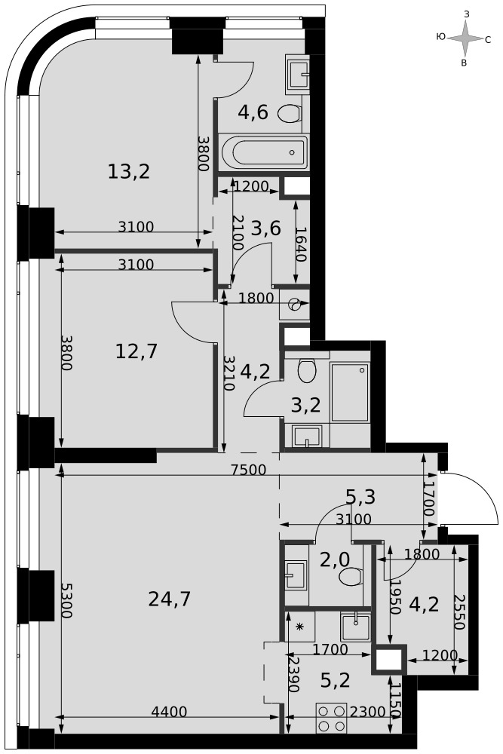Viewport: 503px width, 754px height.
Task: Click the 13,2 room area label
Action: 129,171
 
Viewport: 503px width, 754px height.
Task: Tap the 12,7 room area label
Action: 136,351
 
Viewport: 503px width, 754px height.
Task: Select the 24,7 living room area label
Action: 170,599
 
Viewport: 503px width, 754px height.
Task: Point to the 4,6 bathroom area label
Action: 253,112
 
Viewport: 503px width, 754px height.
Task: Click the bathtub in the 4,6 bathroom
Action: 263,152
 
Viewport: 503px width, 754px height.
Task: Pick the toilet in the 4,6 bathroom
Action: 290,114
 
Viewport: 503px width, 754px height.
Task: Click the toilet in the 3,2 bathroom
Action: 306,370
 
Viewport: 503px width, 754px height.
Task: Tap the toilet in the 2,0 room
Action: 350,577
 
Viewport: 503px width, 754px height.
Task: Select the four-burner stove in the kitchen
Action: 332,718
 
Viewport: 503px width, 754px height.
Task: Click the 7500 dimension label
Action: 249,470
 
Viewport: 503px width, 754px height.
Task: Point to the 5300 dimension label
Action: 67,600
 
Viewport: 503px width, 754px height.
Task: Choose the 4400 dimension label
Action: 169,712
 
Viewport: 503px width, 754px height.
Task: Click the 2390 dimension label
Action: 293,674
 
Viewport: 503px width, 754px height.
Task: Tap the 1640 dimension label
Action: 301,244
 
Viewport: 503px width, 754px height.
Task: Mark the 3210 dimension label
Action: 229,373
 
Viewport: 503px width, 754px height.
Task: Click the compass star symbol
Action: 465,39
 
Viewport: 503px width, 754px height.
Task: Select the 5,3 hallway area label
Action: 360,497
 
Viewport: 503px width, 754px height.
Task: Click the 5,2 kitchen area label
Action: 335,680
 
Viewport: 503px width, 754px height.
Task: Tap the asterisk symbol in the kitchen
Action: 300,626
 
